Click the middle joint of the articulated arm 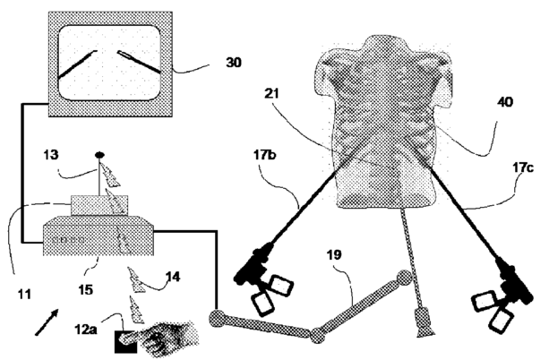315,336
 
